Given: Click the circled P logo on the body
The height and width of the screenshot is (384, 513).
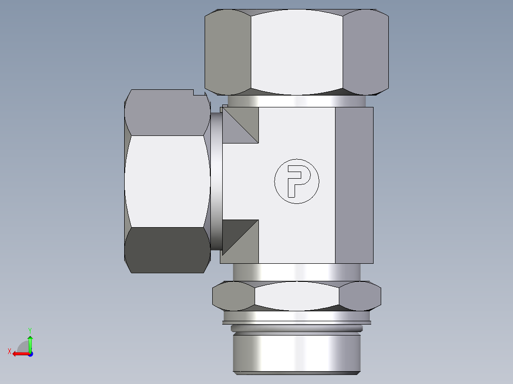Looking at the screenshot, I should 296,181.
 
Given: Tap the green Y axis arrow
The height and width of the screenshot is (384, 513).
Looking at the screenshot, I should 30,341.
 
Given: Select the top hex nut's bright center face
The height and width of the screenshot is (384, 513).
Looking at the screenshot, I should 296,52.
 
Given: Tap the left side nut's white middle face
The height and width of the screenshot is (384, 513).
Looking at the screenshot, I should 167,181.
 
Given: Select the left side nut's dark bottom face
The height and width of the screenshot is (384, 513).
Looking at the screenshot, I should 167,250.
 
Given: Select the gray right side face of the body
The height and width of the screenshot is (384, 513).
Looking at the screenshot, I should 354,185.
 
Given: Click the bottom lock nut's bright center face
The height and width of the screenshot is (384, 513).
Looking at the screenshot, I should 297,296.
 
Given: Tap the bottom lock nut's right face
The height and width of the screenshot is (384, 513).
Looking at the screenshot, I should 360,296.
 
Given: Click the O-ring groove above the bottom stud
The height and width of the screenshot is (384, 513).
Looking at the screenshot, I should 296,328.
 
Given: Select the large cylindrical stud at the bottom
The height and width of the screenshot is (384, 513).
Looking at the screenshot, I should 296,353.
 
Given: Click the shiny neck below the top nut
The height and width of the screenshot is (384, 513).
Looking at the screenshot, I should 296,101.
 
